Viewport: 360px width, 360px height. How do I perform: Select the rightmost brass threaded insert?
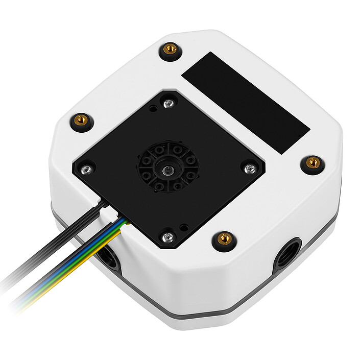313,163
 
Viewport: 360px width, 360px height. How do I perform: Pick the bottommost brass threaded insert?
223,237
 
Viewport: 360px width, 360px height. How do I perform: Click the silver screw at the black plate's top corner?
169,104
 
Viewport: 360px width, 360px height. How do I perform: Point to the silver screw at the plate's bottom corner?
167,236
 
